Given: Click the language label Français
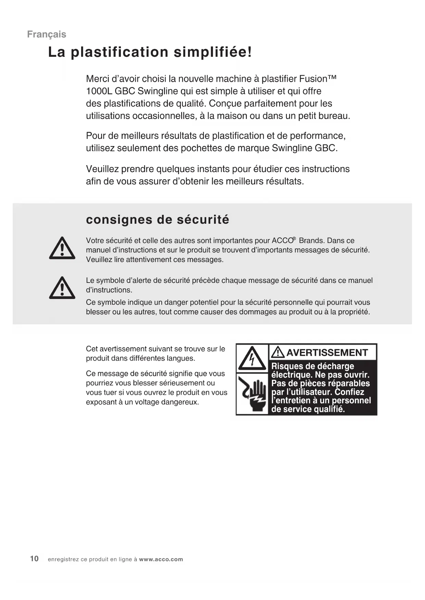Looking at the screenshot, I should point(47,34).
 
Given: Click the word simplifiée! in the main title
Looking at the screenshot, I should point(213,52).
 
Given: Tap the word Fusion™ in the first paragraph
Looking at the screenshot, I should point(317,79).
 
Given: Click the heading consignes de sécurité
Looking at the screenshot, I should point(158,220).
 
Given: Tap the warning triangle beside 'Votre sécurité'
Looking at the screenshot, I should point(62,248).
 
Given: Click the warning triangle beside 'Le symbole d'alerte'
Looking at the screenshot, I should point(62,288).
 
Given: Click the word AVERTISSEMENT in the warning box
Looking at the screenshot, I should point(327,353).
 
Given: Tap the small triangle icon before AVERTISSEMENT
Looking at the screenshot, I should point(278,352).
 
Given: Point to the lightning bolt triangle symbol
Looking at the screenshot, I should point(252,358).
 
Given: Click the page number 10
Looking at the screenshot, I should point(34,559).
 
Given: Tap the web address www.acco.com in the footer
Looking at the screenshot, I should point(161,560).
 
